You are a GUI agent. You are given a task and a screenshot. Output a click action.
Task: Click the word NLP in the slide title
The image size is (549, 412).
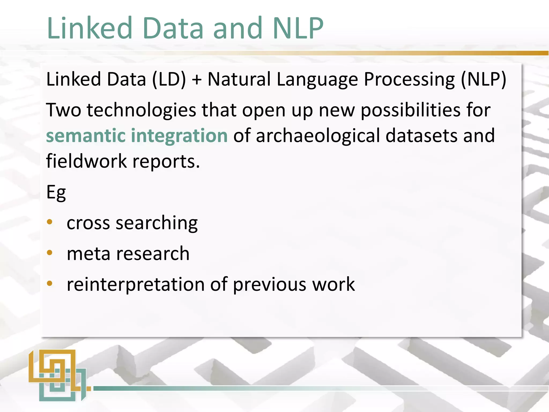(x=298, y=28)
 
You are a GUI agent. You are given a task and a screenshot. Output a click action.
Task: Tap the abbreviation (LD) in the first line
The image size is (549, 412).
(x=169, y=79)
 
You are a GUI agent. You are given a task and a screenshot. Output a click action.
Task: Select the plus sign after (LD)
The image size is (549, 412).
(x=197, y=80)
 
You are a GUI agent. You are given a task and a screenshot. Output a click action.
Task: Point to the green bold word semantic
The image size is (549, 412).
(x=85, y=135)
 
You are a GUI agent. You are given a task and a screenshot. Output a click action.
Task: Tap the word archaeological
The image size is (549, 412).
(x=318, y=135)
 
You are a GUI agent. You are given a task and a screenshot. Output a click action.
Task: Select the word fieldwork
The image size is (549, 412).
(x=86, y=161)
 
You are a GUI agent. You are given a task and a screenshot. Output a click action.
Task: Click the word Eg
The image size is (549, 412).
(x=56, y=193)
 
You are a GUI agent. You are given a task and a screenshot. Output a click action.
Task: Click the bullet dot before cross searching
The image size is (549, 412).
(x=50, y=222)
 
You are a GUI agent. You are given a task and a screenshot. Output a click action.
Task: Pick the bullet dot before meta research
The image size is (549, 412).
(x=50, y=253)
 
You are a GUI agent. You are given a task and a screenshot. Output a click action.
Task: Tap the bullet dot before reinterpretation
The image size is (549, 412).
(x=50, y=284)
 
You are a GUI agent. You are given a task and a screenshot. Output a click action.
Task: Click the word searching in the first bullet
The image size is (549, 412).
(x=157, y=223)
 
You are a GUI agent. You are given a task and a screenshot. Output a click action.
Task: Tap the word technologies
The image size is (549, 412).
(x=141, y=110)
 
